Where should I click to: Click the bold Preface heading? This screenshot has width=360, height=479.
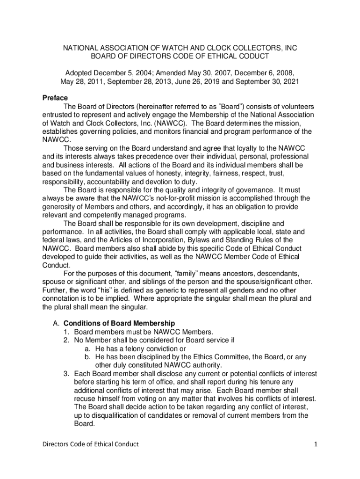[x=55, y=98]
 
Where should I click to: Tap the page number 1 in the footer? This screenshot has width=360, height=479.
[x=316, y=444]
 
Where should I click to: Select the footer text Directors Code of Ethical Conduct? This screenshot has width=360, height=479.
[x=91, y=444]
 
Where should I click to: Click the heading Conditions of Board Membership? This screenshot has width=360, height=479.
[x=119, y=323]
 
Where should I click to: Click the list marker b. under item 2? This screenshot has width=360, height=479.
[x=88, y=357]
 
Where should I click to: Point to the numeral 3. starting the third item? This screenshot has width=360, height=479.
[x=67, y=374]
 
